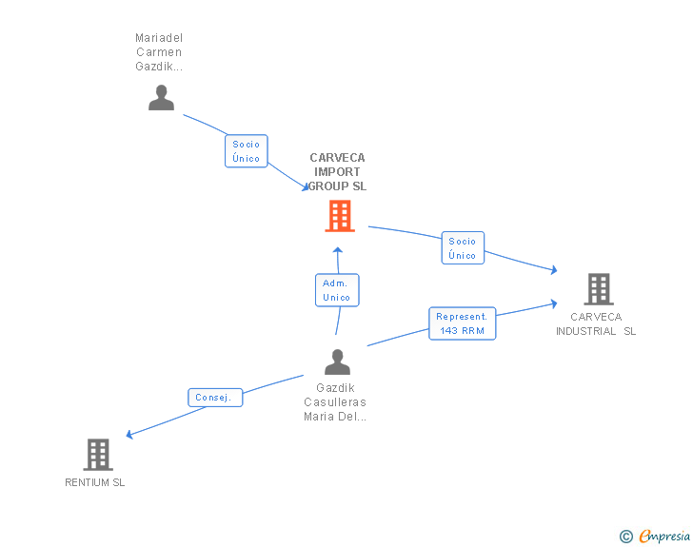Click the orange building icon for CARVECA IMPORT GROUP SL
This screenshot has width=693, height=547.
(x=340, y=216)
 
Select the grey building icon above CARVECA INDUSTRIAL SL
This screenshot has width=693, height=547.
(x=599, y=289)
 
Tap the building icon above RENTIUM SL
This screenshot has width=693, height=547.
(x=98, y=455)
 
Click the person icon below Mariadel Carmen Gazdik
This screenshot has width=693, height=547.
(x=161, y=97)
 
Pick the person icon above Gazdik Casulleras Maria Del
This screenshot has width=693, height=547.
(x=337, y=361)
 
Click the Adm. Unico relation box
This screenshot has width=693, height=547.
(x=337, y=290)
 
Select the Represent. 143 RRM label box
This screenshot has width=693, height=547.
(x=463, y=323)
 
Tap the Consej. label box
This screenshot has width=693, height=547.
(x=215, y=398)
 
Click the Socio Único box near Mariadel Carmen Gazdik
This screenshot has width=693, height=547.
(x=247, y=151)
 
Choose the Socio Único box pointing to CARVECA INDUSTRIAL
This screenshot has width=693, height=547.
(x=463, y=248)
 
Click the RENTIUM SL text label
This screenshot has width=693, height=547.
(x=95, y=482)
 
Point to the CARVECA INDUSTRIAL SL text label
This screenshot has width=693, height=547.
(x=596, y=323)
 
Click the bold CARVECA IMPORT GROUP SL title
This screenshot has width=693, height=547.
(x=337, y=172)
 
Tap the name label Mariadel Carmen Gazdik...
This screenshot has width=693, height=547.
(x=159, y=52)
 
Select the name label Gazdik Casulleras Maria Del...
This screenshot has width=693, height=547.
(x=335, y=402)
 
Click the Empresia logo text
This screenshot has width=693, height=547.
(x=664, y=536)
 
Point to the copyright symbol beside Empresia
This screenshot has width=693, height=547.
(x=625, y=537)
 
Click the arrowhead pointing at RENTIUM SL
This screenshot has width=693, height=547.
(x=129, y=435)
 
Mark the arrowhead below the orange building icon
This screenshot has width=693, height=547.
(x=338, y=250)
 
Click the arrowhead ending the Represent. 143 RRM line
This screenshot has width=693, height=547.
(x=554, y=303)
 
